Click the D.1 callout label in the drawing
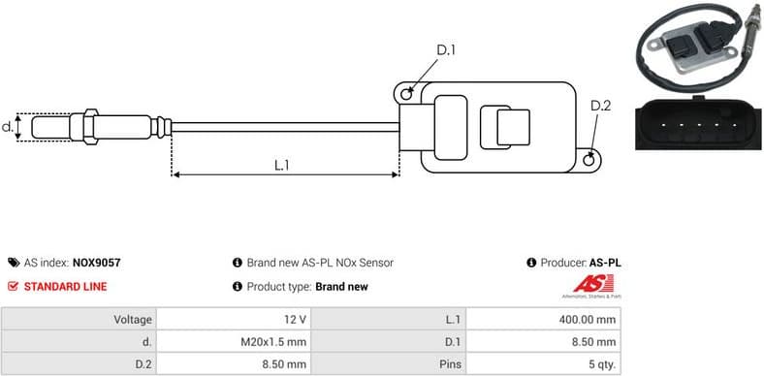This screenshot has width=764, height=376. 445,50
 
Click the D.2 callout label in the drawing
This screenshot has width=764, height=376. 600,106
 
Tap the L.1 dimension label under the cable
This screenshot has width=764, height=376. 282,165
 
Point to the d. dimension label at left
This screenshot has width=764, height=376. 8,126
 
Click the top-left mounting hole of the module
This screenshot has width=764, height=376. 408,93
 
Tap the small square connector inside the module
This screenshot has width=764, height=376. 513,128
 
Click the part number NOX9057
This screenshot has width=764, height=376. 96,263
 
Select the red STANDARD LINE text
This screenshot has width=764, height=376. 65,287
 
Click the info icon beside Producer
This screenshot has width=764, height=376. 531,263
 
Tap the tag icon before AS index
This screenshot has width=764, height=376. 13,263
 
